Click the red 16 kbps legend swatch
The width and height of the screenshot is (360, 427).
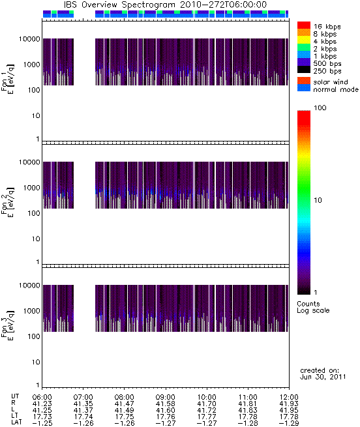coord(304,25)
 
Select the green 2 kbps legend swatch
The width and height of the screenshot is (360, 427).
coord(304,48)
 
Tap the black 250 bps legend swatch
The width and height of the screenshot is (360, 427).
coord(304,70)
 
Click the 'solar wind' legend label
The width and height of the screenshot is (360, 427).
coord(330,82)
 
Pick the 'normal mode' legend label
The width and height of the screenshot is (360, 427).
coord(335,89)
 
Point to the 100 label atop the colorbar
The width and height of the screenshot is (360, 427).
coord(320,108)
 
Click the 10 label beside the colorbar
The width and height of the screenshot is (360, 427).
coord(318,200)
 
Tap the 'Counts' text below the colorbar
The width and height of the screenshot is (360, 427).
coord(308,304)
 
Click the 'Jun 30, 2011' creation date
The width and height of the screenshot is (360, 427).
coord(323,377)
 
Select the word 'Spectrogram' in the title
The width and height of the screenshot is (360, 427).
coord(148,5)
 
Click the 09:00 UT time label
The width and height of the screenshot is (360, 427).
coord(165,397)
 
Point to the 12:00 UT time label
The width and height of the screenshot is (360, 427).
coord(289,397)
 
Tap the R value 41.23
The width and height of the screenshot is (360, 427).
coord(42,404)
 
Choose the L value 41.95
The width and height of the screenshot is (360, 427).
coord(289,410)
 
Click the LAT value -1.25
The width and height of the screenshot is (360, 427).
coord(42,423)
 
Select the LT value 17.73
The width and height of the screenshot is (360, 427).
coord(42,417)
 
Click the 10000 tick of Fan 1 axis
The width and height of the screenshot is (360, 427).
coord(29,39)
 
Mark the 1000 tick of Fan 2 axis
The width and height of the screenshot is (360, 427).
coord(31,188)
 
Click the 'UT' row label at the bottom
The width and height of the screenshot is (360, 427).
coord(15,396)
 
